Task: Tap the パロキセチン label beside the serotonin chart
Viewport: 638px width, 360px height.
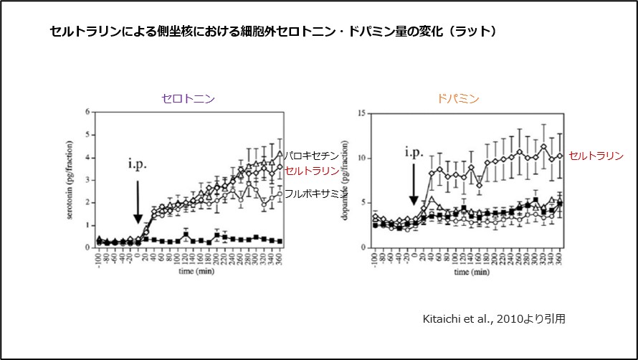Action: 310,155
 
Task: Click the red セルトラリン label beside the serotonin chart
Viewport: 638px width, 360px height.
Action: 312,171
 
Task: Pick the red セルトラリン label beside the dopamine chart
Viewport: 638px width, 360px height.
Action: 596,156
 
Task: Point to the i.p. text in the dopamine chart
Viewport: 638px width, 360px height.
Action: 414,152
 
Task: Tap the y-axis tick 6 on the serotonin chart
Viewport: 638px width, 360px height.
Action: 87,112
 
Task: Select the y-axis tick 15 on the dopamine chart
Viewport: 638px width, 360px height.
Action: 363,112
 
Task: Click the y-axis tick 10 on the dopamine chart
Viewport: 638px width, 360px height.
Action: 363,157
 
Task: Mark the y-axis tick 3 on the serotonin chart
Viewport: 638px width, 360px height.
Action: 87,179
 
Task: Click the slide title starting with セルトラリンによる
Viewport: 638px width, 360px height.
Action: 273,32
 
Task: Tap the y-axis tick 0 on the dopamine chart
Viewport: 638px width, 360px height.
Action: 365,247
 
